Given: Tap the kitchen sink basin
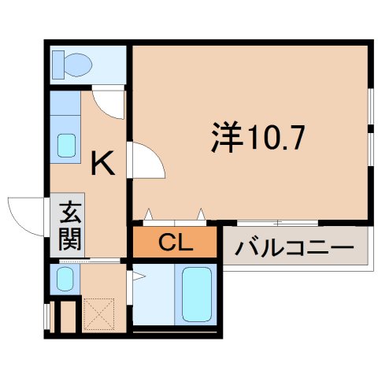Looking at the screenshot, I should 67,145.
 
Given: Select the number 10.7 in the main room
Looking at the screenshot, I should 272,139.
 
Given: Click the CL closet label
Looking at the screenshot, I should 175,243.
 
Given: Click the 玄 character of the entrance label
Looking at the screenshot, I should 70,213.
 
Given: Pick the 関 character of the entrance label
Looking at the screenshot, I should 70,239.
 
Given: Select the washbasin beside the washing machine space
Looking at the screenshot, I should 65,278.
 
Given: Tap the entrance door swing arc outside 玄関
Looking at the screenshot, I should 25,213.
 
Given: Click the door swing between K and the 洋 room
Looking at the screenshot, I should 147,161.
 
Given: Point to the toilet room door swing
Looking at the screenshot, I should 109,102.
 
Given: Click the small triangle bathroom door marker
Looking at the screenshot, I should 138,276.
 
